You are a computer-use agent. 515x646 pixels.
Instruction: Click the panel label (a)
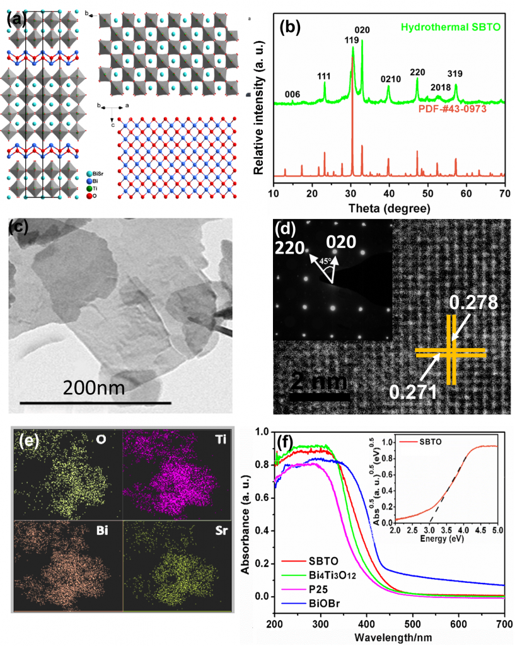(16, 20)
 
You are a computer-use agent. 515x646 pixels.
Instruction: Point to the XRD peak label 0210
(390, 79)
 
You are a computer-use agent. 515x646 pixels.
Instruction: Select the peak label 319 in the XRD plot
(455, 74)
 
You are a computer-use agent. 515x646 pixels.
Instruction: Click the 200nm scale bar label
(94, 386)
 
